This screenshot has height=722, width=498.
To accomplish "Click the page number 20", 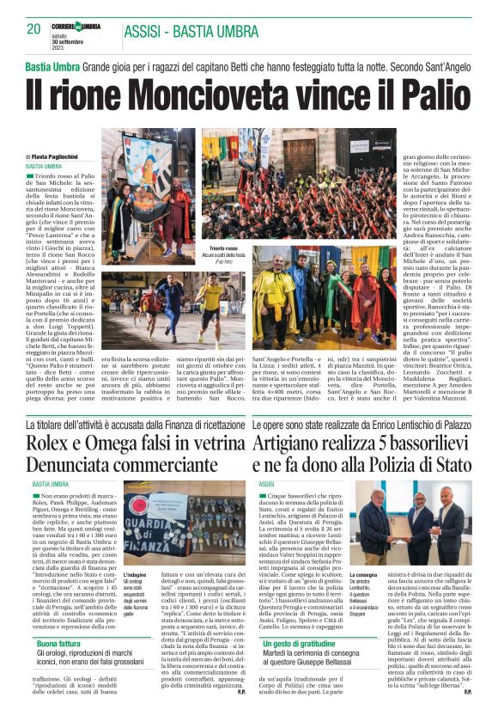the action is tap(33, 28).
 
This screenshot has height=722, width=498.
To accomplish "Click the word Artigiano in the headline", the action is tap(298, 443).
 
